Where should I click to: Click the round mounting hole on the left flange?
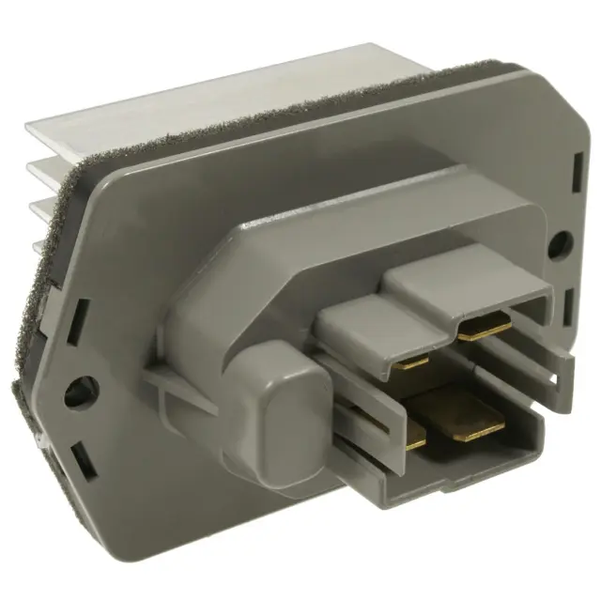(79, 390)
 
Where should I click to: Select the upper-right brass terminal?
(485, 326)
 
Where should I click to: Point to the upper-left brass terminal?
(413, 359)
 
